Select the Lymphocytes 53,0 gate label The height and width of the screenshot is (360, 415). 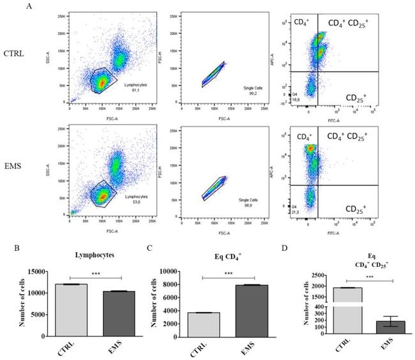click(x=135, y=200)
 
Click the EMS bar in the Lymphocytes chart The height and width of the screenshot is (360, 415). click(x=119, y=313)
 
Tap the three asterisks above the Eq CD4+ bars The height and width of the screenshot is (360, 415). click(x=229, y=274)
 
